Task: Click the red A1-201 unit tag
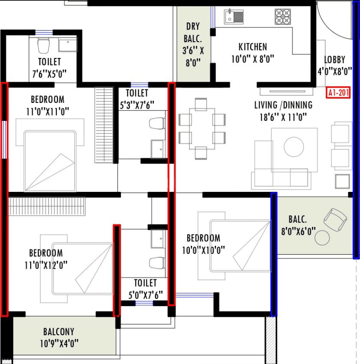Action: (x=339, y=93)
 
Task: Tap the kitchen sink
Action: (x=234, y=16)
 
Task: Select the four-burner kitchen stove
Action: (x=283, y=16)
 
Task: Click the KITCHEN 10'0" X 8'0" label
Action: (x=252, y=52)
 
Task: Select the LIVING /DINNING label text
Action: (x=283, y=111)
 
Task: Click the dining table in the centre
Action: (x=201, y=129)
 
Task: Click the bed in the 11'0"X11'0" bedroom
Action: (x=49, y=160)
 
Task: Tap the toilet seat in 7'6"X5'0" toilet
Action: (x=43, y=45)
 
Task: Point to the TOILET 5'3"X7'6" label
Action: (x=137, y=99)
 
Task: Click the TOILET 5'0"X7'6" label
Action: (x=145, y=289)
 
